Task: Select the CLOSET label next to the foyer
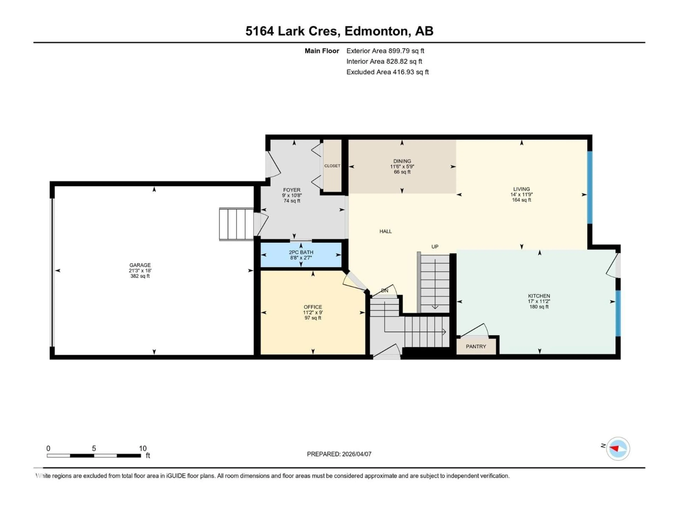tap(332, 166)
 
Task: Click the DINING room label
tap(402, 161)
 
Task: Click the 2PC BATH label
tap(301, 252)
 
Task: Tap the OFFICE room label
tap(313, 307)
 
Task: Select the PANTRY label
tap(476, 346)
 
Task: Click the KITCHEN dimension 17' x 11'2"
tap(539, 301)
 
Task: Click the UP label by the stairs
tap(435, 246)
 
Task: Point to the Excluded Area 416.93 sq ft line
tap(387, 72)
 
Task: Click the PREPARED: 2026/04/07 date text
tap(339, 454)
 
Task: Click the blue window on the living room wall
tap(590, 187)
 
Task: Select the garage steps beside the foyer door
tap(236, 224)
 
